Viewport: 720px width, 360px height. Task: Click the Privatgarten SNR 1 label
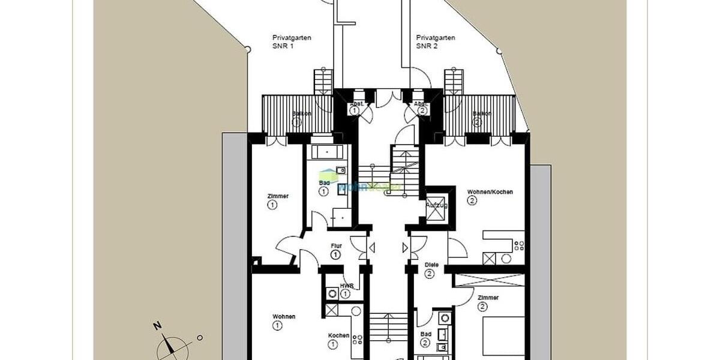coord(292,41)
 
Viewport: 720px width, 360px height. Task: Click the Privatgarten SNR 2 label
coord(436,41)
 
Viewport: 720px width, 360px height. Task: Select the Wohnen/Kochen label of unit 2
coord(490,192)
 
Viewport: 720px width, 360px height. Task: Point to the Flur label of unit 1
coord(336,245)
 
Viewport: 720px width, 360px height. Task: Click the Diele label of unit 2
coord(431,265)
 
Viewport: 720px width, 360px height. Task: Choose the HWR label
coord(346,286)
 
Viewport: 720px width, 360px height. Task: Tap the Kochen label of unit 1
coord(338,335)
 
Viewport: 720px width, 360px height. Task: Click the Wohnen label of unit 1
coord(284,316)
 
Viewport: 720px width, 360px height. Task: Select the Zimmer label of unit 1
coord(278,196)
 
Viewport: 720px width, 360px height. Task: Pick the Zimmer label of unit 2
coord(488,298)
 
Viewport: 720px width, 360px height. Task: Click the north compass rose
coord(172,347)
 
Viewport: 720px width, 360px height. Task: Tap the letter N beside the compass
coord(157,326)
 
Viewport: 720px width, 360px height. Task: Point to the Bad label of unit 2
coord(425,335)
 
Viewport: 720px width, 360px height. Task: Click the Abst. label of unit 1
coord(355,103)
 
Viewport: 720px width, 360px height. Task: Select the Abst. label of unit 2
coord(421,103)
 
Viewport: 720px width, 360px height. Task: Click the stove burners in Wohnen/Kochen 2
coord(518,245)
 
